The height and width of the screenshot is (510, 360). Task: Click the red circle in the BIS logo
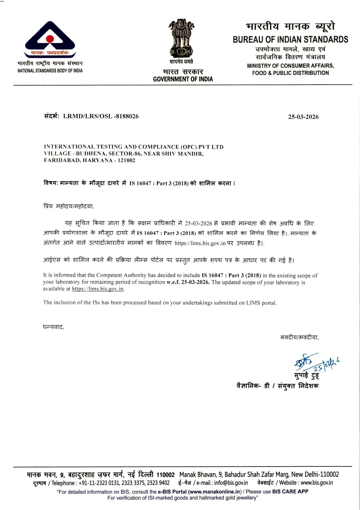click(50, 39)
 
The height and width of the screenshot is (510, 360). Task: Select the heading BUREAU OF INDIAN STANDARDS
click(290, 39)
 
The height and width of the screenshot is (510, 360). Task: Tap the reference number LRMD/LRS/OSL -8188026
click(101, 116)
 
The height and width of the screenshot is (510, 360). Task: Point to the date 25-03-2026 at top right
click(303, 117)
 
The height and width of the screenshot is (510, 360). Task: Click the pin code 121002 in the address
click(126, 160)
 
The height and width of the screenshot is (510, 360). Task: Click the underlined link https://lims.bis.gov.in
click(98, 289)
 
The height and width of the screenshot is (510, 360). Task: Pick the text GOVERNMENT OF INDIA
click(183, 79)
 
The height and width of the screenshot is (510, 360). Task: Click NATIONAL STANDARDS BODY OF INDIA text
click(50, 71)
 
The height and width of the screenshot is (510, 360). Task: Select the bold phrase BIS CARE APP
click(290, 491)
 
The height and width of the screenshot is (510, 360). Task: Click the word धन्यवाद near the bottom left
click(53, 327)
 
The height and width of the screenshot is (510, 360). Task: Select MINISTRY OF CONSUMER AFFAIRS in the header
click(290, 66)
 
